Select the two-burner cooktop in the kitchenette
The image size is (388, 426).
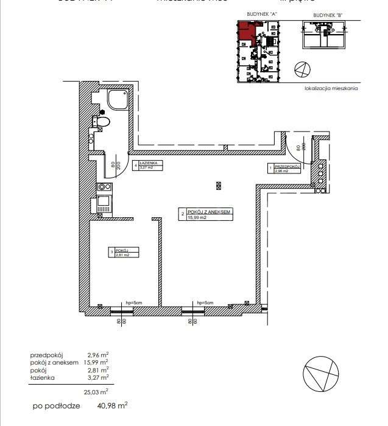pos(102,188)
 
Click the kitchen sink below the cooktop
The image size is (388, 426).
pos(103,203)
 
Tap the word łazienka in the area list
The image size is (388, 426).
pos(42,378)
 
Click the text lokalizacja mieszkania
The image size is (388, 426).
pos(331,88)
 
